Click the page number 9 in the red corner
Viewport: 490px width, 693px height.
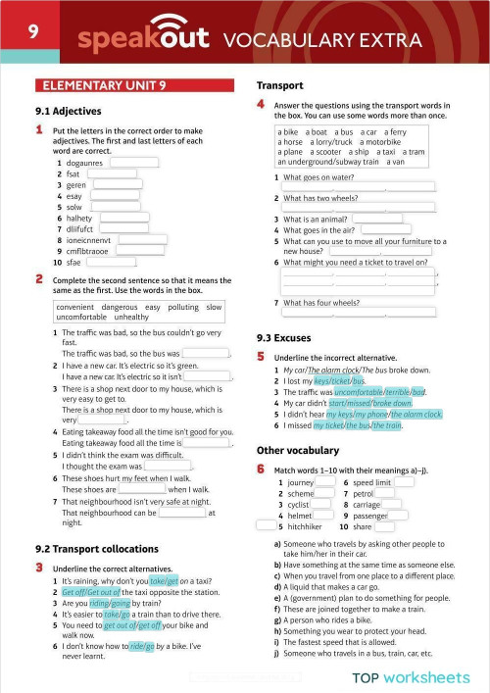pyautogui.click(x=32, y=31)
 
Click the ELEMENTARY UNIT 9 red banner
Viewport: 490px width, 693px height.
pyautogui.click(x=94, y=85)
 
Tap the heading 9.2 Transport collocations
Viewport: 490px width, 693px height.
pyautogui.click(x=97, y=549)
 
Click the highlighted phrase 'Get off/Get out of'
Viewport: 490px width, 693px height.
pyautogui.click(x=97, y=592)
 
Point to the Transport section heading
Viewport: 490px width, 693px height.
pyautogui.click(x=279, y=85)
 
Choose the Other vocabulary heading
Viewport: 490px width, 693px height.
pyautogui.click(x=299, y=450)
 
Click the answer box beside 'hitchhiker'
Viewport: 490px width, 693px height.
pyautogui.click(x=338, y=526)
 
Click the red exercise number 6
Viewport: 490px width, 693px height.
pyautogui.click(x=261, y=470)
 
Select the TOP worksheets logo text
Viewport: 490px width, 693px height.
pyautogui.click(x=411, y=676)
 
